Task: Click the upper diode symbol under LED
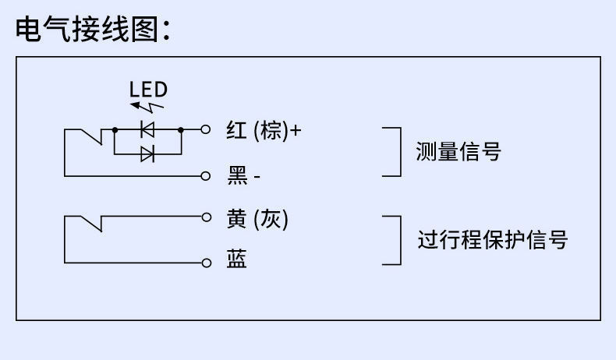point(147,129)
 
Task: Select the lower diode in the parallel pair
point(147,154)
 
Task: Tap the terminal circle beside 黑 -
point(206,175)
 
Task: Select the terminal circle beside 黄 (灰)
point(206,216)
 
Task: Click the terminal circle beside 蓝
point(206,263)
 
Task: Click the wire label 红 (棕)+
point(264,130)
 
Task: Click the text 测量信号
point(458,152)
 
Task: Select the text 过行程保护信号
point(491,239)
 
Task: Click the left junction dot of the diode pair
point(115,129)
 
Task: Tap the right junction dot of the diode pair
point(181,129)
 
